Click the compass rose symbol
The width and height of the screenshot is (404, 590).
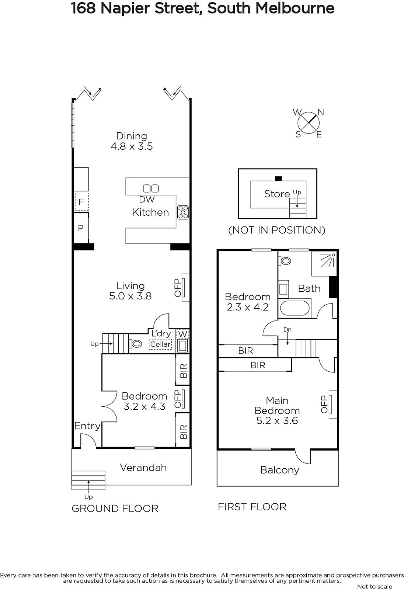309,123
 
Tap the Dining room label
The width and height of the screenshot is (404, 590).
132,136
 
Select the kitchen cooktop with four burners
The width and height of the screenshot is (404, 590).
183,212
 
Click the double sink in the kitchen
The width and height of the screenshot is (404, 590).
151,188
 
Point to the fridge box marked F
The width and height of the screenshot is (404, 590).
81,202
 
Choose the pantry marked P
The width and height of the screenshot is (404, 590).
81,228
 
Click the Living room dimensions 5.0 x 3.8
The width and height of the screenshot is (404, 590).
130,296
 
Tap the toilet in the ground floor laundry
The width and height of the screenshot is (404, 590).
135,344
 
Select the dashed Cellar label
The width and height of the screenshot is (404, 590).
160,344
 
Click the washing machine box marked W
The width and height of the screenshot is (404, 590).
182,334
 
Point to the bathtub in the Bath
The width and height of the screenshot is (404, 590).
295,308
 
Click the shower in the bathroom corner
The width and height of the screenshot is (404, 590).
324,263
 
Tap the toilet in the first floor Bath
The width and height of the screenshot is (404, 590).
285,261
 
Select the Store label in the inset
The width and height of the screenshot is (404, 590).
277,194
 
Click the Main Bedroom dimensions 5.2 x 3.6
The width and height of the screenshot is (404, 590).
277,421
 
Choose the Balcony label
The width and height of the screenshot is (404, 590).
280,470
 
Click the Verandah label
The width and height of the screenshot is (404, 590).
143,468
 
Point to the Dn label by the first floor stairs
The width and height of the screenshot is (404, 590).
287,330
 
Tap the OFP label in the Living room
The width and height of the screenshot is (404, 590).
178,288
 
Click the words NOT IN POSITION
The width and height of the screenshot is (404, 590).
277,230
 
